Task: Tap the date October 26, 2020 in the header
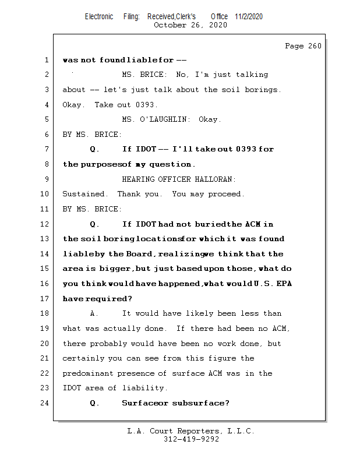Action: tap(190, 25)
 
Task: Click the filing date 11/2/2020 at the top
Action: tap(249, 16)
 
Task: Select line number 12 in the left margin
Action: tap(45, 224)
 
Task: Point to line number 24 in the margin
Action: tap(45, 403)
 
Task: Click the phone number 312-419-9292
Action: tap(191, 440)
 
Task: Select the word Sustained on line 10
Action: tap(84, 194)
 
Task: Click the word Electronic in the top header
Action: tap(99, 16)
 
